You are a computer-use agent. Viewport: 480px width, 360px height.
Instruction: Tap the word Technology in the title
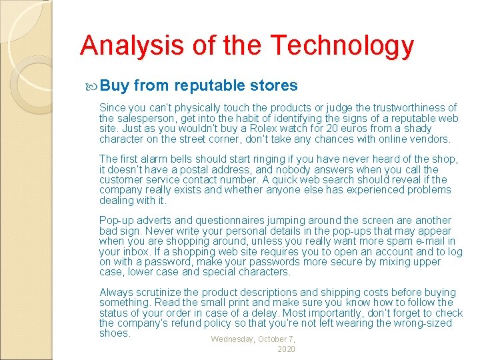pos(342,47)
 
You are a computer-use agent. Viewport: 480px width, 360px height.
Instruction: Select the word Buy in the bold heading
pos(116,85)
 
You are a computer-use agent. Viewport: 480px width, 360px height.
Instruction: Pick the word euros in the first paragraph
pos(359,128)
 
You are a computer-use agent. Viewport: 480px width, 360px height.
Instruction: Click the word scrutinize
pos(157,292)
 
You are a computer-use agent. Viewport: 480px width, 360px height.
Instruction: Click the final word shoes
pos(114,333)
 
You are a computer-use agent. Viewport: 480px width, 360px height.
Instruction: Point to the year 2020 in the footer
pos(286,349)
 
